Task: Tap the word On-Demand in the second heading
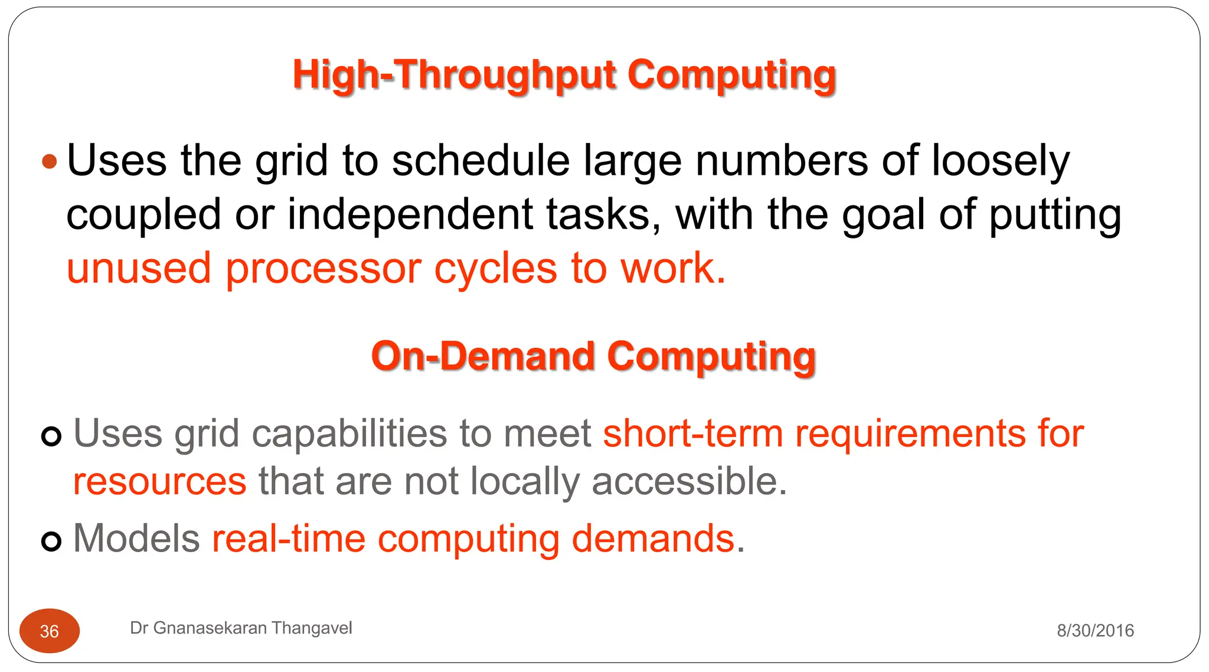pos(482,357)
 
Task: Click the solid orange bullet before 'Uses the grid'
pos(50,161)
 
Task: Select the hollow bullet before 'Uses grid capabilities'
pos(51,436)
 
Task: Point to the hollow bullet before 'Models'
pos(51,541)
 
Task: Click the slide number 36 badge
pos(50,631)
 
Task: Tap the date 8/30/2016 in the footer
pos(1095,631)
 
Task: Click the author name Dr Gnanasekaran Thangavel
pos(241,628)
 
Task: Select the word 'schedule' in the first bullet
pos(481,161)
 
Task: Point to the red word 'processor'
pos(324,269)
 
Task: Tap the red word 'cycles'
pos(496,269)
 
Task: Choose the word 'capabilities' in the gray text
pos(349,433)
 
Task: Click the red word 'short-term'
pos(692,433)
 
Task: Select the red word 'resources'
pos(159,481)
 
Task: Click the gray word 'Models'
pos(136,539)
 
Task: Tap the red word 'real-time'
pos(289,539)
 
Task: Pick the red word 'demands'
pos(653,539)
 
